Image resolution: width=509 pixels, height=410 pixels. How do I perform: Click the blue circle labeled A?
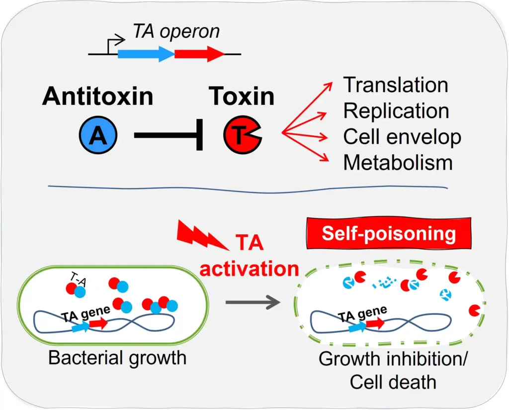point(98,135)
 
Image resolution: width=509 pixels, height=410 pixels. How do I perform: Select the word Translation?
point(396,85)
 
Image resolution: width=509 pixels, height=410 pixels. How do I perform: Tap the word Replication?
point(396,111)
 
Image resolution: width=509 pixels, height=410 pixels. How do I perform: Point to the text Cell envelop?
point(402,137)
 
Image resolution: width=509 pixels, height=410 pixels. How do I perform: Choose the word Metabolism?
point(398,163)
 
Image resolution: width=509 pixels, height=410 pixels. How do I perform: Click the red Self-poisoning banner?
point(389,233)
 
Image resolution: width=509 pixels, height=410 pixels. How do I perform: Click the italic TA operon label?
point(176,32)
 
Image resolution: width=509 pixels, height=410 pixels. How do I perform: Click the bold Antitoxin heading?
point(97,96)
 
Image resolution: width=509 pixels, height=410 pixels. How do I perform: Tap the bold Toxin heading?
point(242,96)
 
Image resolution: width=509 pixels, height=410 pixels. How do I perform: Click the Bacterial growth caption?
point(117,358)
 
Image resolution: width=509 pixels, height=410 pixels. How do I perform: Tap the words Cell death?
point(393,382)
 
